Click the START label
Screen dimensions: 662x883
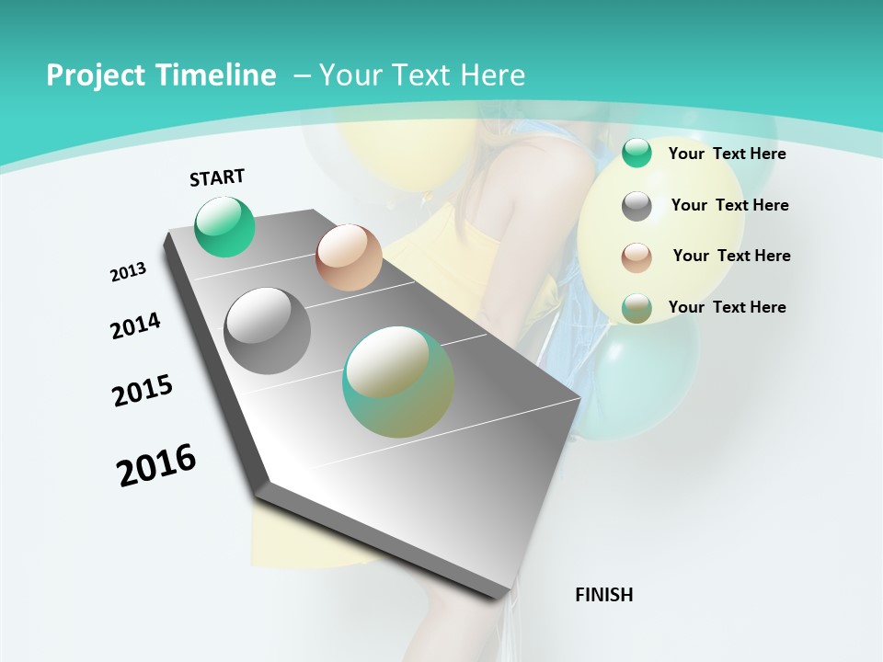click(217, 177)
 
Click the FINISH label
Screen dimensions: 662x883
click(603, 595)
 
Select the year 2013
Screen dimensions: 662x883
click(128, 272)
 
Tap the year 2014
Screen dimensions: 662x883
click(135, 325)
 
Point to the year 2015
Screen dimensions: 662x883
click(143, 391)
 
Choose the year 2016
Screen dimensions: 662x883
click(156, 465)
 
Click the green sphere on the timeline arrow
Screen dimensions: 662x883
click(224, 226)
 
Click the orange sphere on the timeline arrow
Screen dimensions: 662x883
click(349, 257)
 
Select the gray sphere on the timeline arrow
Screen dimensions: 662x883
click(268, 331)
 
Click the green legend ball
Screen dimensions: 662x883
click(636, 154)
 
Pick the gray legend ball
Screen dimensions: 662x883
click(636, 206)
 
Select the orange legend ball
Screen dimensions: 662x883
click(636, 257)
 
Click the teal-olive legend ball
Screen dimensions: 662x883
click(636, 308)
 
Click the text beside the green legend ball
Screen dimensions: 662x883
click(727, 154)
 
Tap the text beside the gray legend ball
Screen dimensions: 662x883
click(729, 205)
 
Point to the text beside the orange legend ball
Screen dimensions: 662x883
click(731, 256)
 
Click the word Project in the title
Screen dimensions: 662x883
click(93, 75)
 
